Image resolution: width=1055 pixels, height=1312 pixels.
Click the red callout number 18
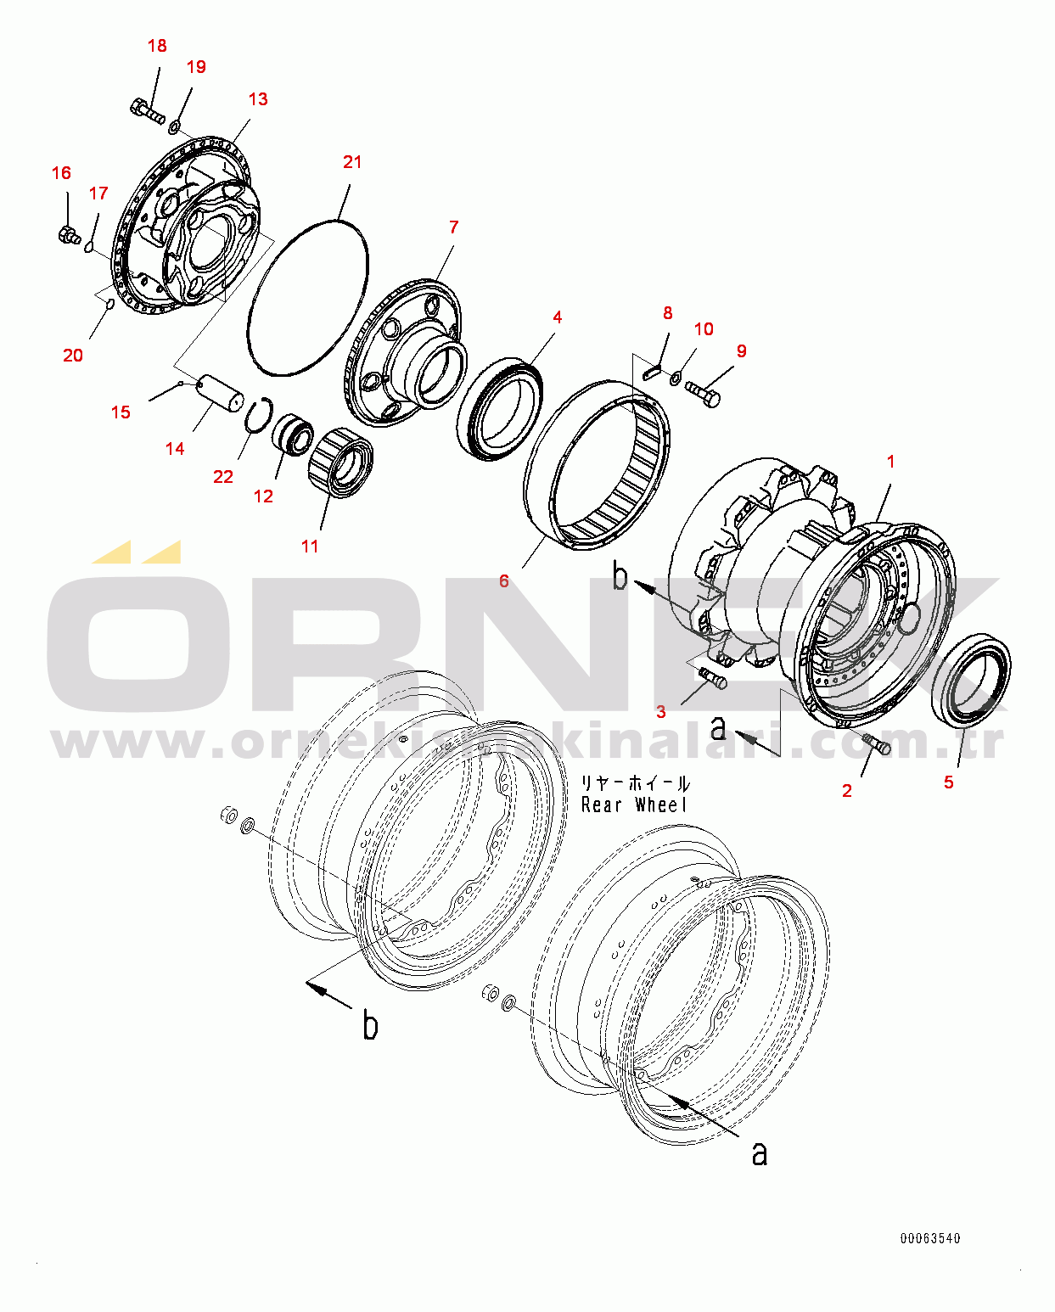157,46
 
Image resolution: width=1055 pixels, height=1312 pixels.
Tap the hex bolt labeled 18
147,112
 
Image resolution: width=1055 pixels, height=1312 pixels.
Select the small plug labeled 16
69,235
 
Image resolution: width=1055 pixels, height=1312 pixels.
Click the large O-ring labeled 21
308,298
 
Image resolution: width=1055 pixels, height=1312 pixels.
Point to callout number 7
453,227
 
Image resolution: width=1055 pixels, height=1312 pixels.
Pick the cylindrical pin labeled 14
222,396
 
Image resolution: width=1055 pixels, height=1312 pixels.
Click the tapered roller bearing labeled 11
340,463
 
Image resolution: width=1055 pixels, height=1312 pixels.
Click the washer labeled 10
675,378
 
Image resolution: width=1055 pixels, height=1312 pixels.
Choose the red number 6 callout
503,581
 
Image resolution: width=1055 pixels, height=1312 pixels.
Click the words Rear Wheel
634,805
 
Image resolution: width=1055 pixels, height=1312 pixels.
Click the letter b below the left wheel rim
370,1024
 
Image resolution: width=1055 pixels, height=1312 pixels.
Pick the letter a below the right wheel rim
760,1154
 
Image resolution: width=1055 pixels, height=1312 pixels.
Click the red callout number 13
258,99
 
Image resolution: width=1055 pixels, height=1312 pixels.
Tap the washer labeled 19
173,126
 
